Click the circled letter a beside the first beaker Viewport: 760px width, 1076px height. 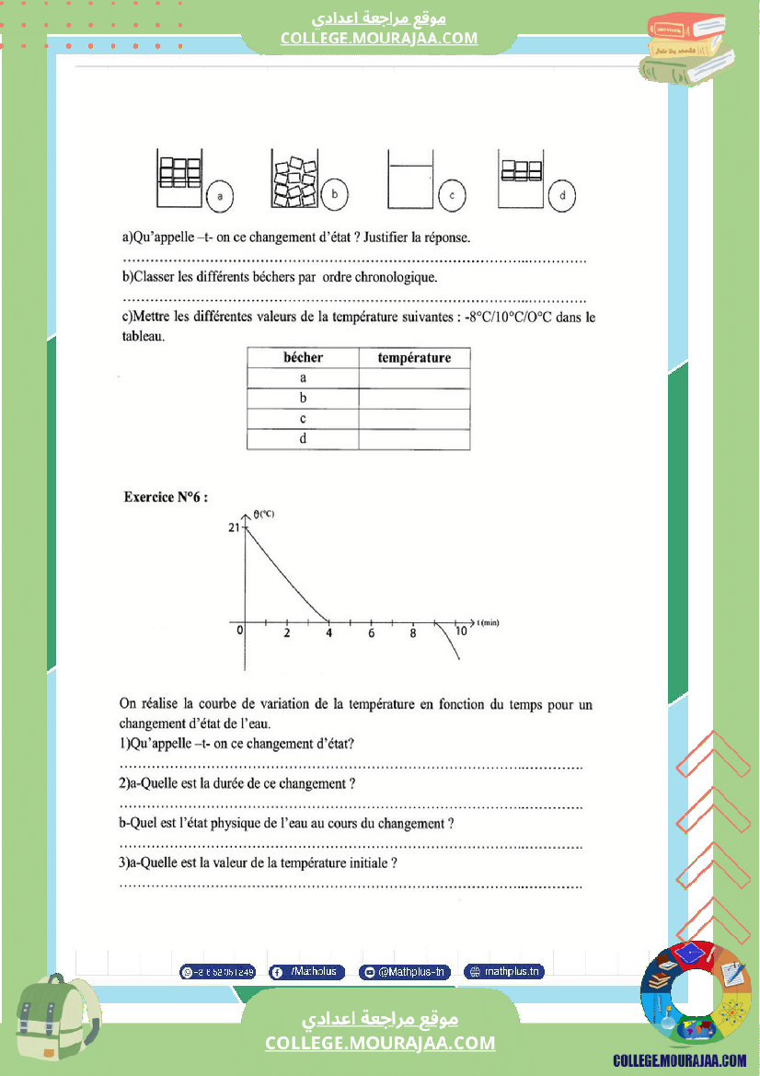(221, 195)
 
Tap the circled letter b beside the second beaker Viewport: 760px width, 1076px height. (335, 194)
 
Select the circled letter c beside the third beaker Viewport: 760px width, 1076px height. (452, 195)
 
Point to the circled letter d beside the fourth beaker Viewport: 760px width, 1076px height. (561, 194)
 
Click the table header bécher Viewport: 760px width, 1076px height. (303, 357)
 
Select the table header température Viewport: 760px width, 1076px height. (414, 357)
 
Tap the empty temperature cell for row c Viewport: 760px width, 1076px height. (414, 419)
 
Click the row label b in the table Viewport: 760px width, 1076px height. (303, 399)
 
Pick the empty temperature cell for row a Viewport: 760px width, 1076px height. (414, 378)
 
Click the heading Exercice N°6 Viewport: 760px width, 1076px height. (166, 497)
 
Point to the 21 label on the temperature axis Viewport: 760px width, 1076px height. (233, 527)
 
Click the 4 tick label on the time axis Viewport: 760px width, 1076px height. (328, 633)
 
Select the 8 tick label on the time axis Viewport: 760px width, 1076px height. (413, 633)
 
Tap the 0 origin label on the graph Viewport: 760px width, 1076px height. (239, 631)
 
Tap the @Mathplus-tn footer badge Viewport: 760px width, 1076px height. (404, 971)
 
